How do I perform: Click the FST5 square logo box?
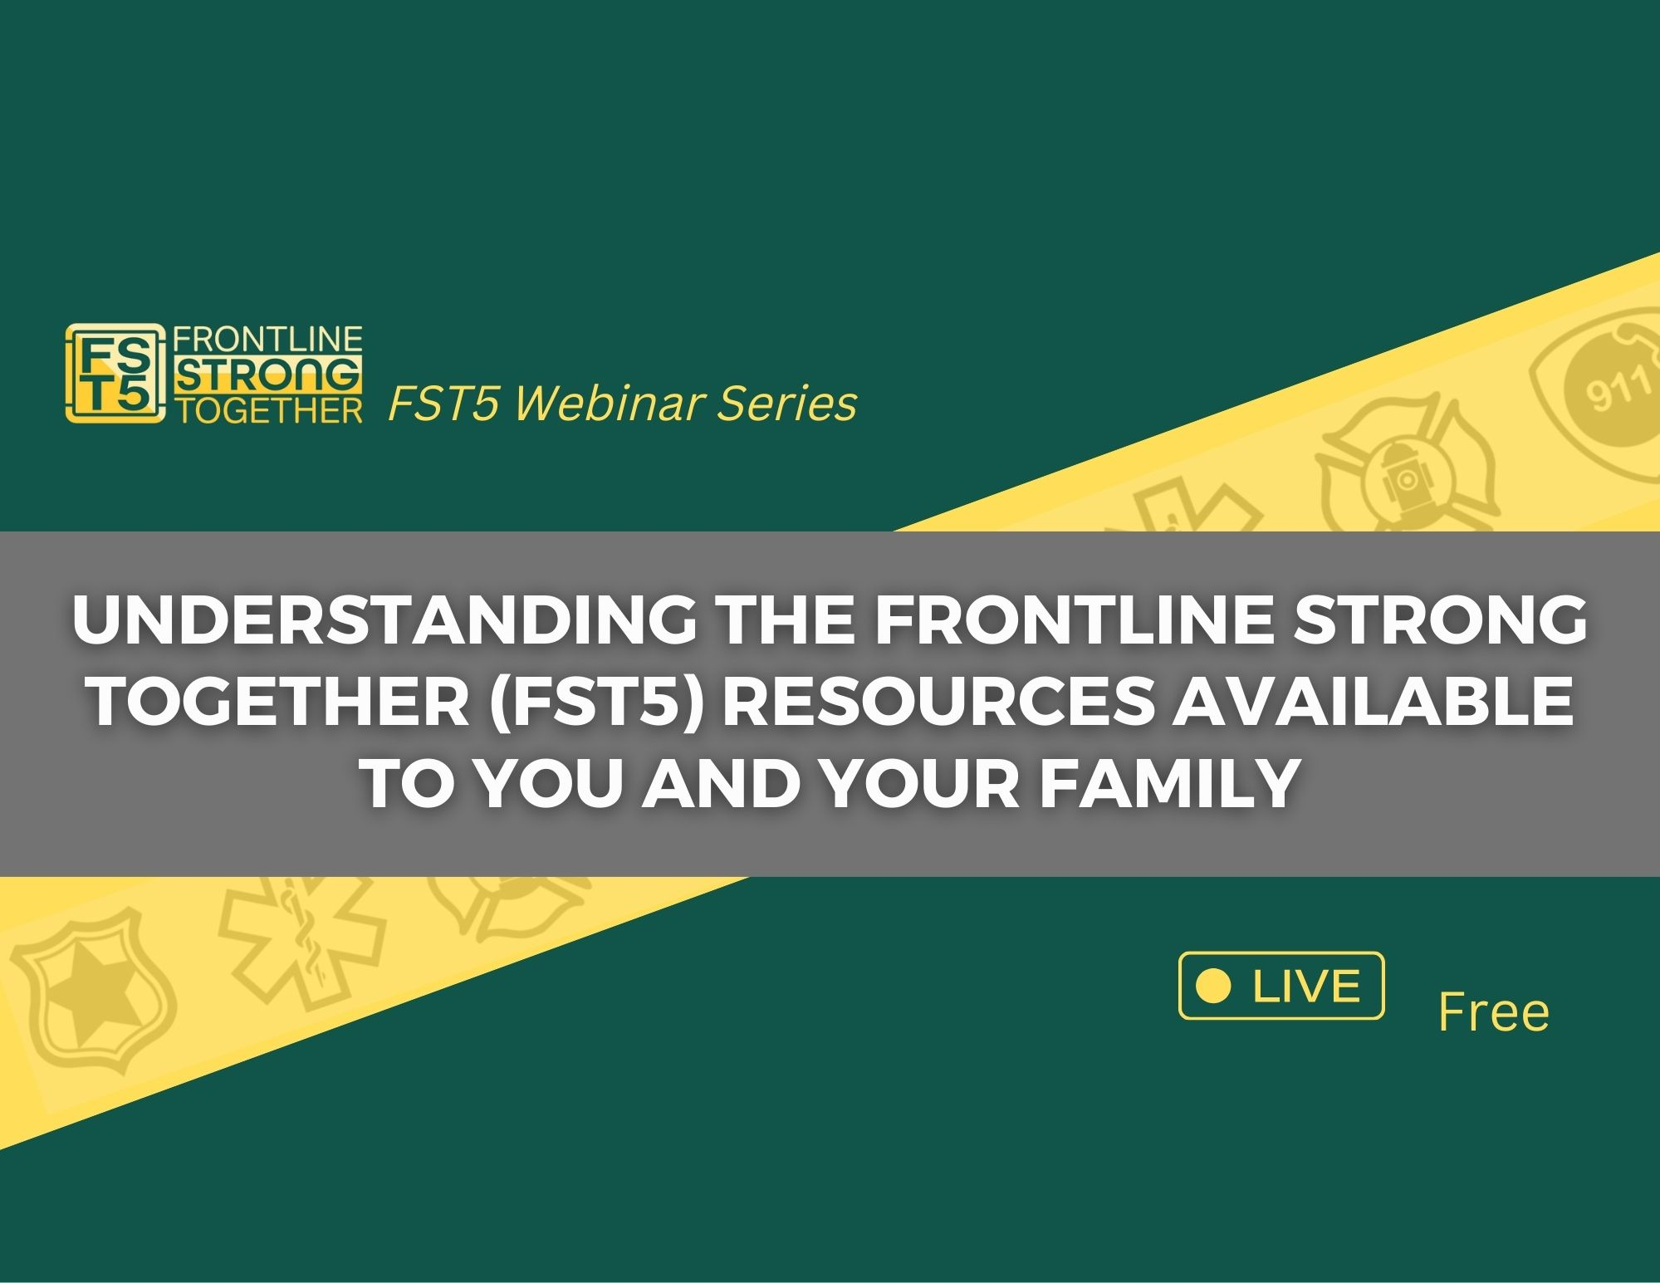[x=113, y=374]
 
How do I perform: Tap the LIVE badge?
[x=1281, y=986]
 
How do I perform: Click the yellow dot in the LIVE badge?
[x=1215, y=986]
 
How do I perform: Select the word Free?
[x=1493, y=1012]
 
